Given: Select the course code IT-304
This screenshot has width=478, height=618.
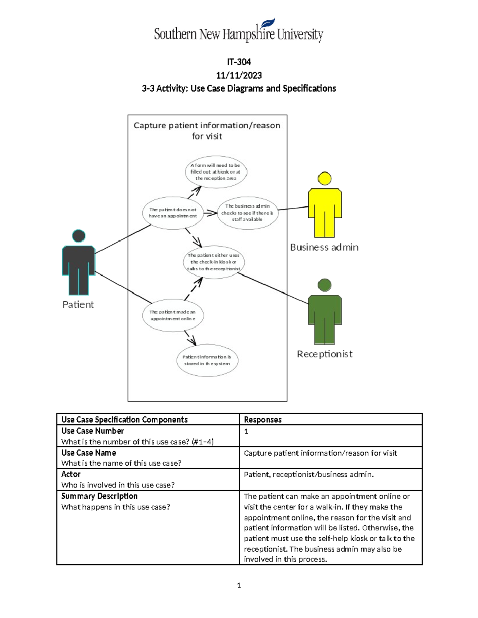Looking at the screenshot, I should click(239, 62).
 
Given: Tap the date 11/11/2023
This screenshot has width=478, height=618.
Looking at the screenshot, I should click(239, 75).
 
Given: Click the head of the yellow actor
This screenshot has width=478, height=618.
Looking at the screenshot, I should click(325, 179).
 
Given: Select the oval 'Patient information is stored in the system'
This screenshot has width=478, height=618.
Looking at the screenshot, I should click(207, 361).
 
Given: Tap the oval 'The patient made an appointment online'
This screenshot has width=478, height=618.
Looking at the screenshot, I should click(173, 316).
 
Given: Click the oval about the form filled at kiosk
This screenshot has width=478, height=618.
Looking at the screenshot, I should click(215, 172).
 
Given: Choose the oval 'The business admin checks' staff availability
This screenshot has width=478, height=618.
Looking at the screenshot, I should click(247, 213).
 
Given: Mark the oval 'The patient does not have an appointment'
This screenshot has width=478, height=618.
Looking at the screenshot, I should click(173, 213).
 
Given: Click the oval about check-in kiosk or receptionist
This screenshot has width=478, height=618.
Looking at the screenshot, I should click(214, 262).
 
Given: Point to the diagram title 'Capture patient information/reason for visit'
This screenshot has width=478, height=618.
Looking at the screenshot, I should click(207, 131).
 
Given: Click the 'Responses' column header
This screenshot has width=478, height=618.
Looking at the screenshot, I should click(263, 419).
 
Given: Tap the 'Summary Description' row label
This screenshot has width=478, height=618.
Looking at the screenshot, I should click(99, 496).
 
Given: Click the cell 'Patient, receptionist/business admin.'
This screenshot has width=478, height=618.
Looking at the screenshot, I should click(309, 474).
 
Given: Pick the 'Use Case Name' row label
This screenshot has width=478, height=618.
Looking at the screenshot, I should click(88, 453).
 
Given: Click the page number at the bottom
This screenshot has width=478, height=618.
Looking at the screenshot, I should click(239, 585).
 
